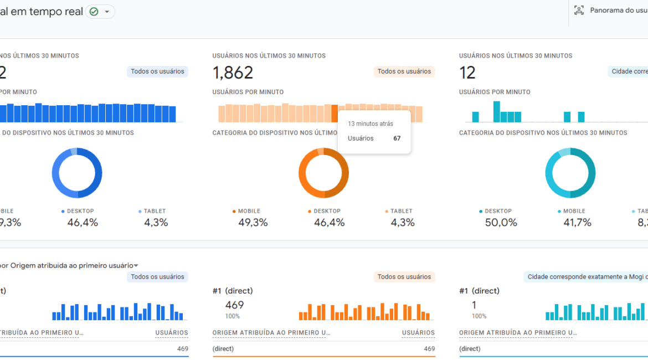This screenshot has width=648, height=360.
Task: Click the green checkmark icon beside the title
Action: tap(94, 12)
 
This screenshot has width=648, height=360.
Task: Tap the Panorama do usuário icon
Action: tap(579, 10)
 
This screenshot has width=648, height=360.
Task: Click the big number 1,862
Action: tap(233, 73)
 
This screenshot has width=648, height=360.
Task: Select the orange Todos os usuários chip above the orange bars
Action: tap(404, 71)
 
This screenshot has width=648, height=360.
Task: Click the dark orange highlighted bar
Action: tap(335, 114)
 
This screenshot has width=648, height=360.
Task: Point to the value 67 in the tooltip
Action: tap(397, 138)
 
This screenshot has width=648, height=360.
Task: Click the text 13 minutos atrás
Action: tap(370, 124)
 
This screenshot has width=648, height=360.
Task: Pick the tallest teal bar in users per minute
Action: tap(497, 111)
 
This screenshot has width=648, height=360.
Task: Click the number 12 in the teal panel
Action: tap(467, 73)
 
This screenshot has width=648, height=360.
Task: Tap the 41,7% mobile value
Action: tap(577, 223)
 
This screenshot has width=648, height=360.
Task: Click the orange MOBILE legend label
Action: tap(249, 211)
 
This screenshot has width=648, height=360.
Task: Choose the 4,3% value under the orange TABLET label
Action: tap(403, 223)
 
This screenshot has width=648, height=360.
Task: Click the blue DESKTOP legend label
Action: tap(80, 211)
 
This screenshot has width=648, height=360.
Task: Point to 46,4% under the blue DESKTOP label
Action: tap(83, 223)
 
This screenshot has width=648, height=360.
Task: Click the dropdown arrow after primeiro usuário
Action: tap(136, 266)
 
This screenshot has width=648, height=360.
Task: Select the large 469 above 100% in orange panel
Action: tap(234, 305)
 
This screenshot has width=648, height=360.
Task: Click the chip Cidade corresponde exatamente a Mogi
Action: tap(585, 277)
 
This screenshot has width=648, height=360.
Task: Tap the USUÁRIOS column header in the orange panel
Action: tap(418, 333)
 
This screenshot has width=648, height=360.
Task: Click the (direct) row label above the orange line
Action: tap(223, 349)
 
